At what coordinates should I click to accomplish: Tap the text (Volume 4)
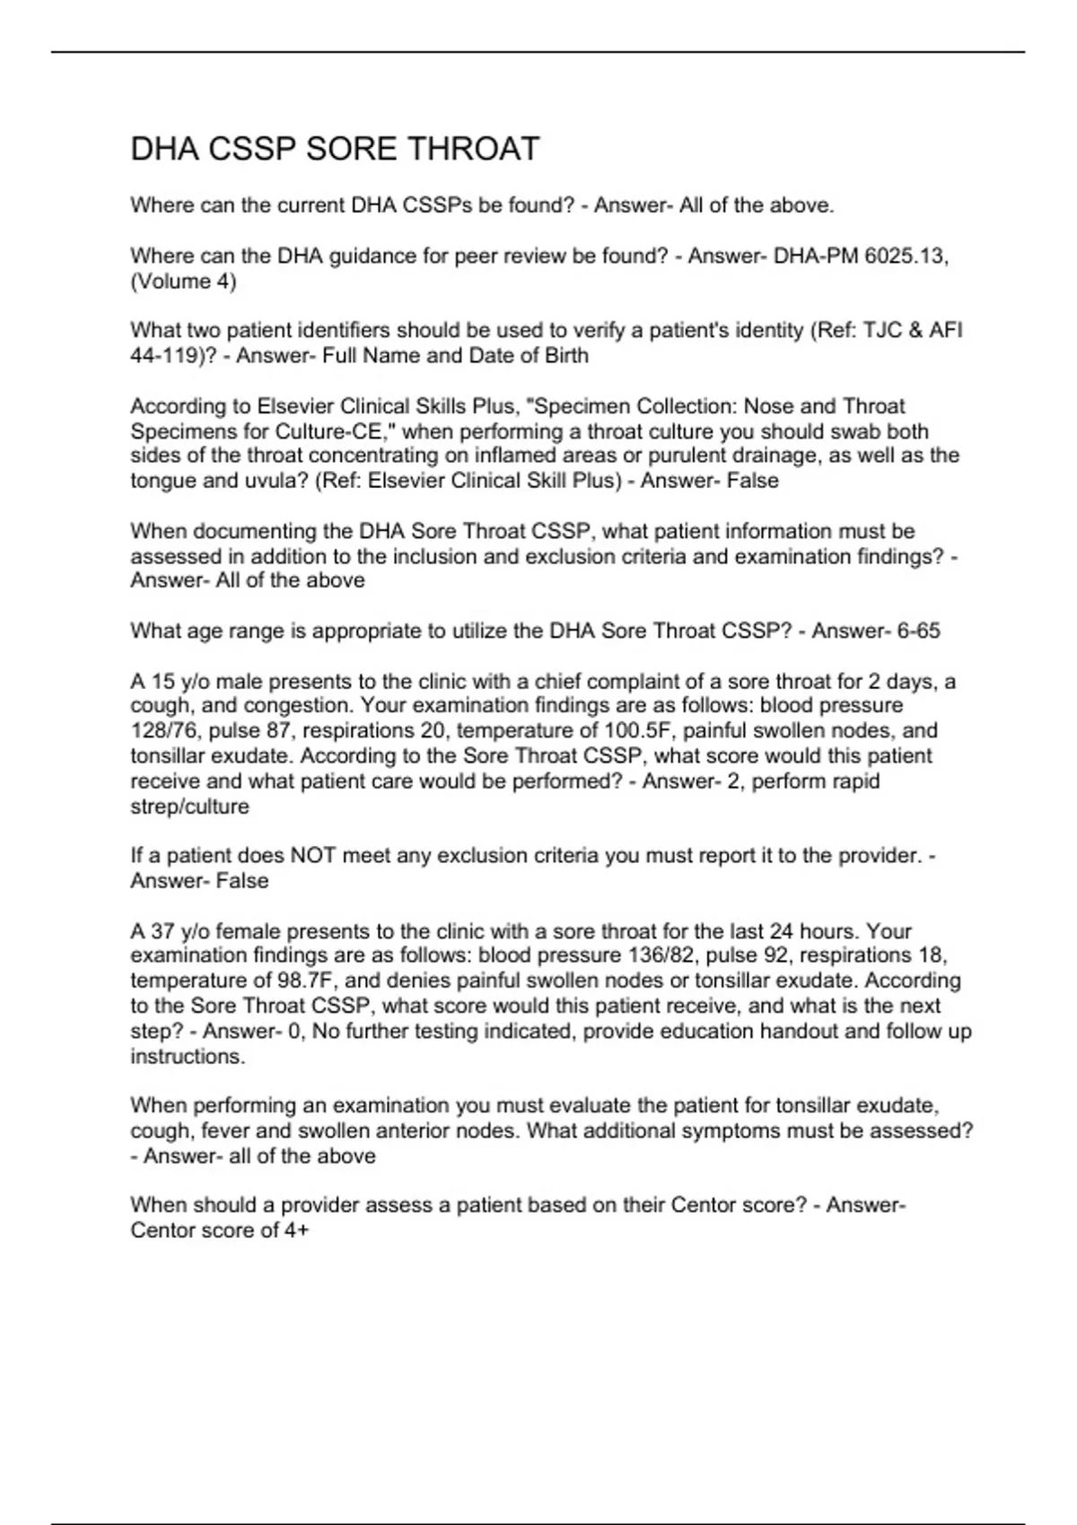pos(183,282)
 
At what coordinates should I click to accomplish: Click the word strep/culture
pos(190,806)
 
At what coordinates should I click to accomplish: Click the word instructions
pos(188,1057)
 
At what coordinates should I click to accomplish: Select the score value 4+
pos(296,1230)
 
